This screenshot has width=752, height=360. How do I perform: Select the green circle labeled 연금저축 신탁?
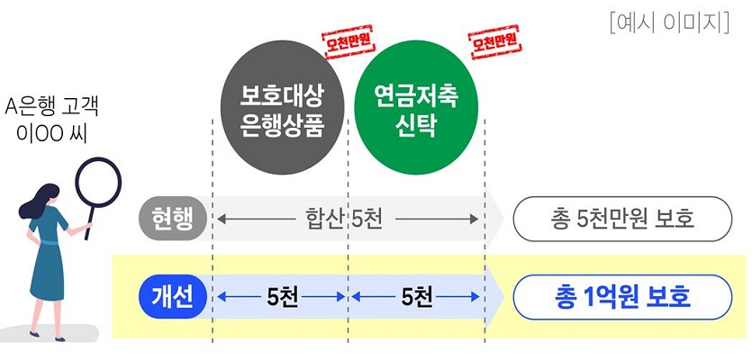(x=415, y=110)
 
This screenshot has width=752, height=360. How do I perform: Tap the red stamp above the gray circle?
(x=349, y=43)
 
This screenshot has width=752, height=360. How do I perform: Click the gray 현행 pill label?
(x=172, y=218)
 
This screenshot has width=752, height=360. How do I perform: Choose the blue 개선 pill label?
(x=172, y=296)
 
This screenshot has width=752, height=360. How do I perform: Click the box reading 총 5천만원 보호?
(x=621, y=218)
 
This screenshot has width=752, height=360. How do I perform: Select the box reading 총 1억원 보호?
(x=621, y=296)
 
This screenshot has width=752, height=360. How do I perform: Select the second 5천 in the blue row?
(x=418, y=296)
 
